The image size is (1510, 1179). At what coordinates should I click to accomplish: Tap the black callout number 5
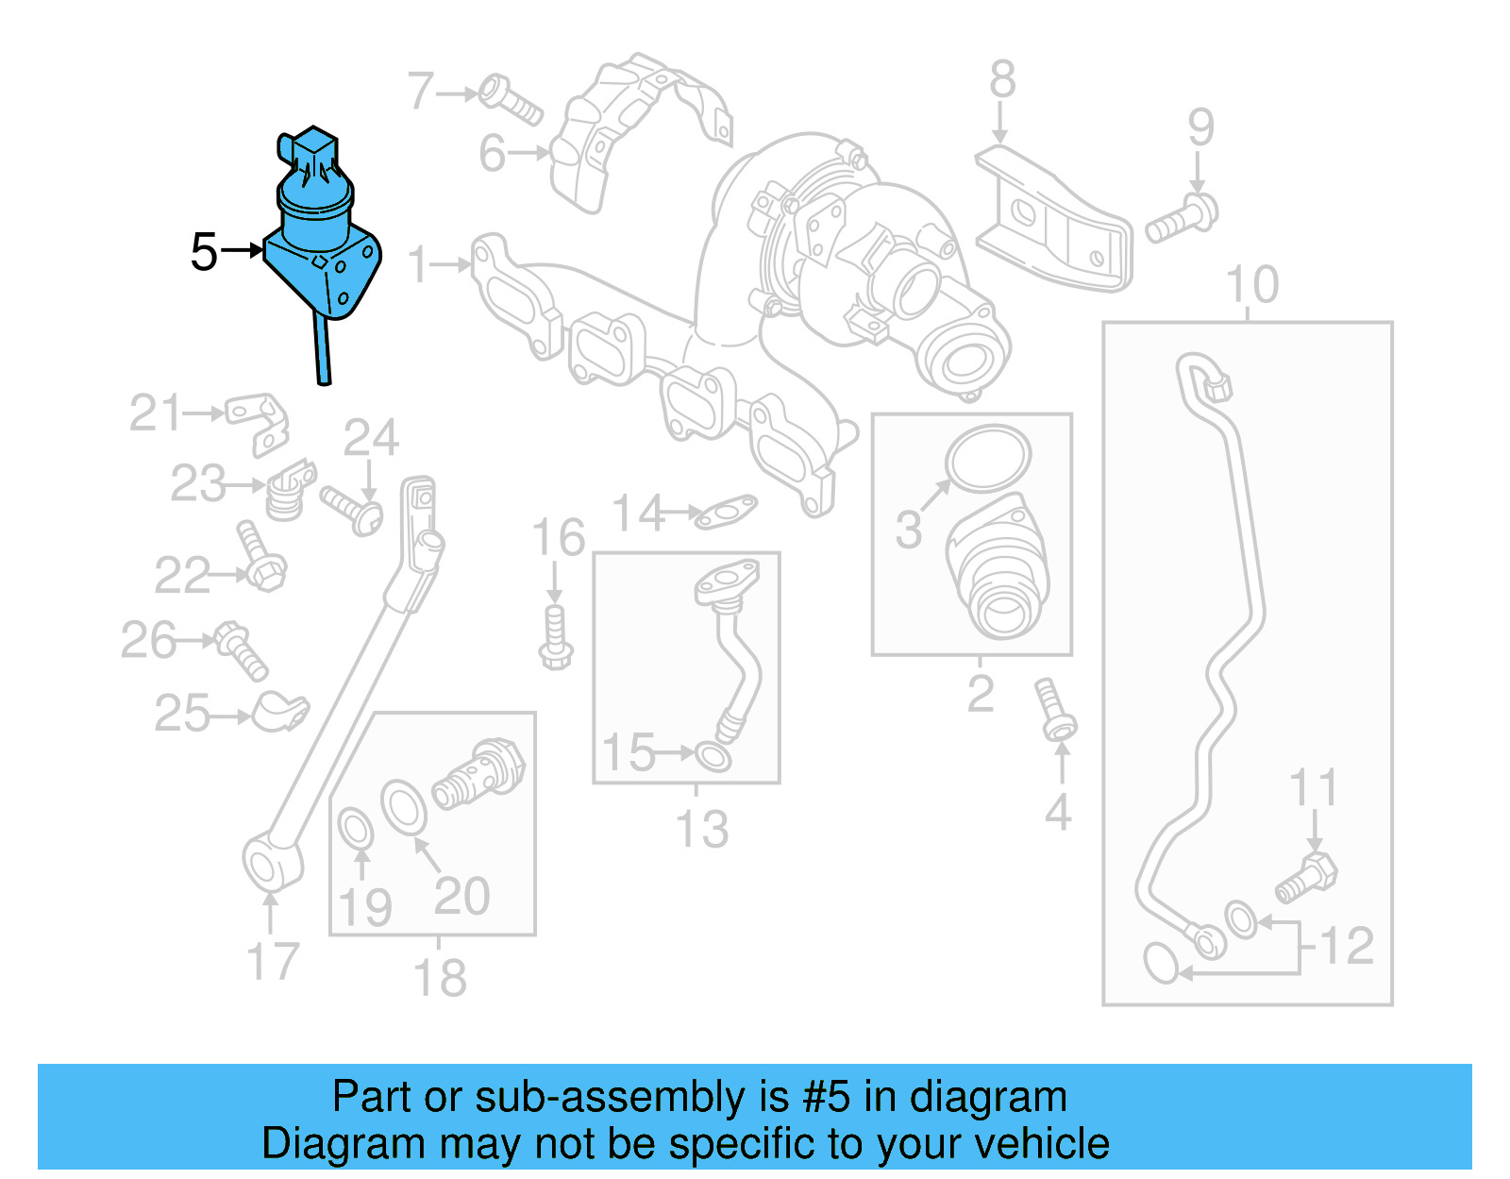tap(204, 252)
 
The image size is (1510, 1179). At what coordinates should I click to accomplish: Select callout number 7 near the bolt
tap(421, 92)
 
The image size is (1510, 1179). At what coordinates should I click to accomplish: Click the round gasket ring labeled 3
tap(988, 458)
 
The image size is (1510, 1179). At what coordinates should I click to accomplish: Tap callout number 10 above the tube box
tap(1251, 284)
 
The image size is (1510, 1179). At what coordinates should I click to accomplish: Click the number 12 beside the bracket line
tap(1347, 946)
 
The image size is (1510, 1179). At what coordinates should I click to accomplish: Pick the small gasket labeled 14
tap(725, 513)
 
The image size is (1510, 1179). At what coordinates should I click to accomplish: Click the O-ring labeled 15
tap(713, 756)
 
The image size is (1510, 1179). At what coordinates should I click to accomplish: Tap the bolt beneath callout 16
tap(556, 638)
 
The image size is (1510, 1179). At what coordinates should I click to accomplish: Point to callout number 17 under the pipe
tap(272, 962)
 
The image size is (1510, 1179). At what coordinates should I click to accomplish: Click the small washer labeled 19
tap(356, 830)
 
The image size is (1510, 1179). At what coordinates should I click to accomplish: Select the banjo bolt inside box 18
tap(478, 772)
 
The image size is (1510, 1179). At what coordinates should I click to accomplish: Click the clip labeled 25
tap(280, 713)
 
